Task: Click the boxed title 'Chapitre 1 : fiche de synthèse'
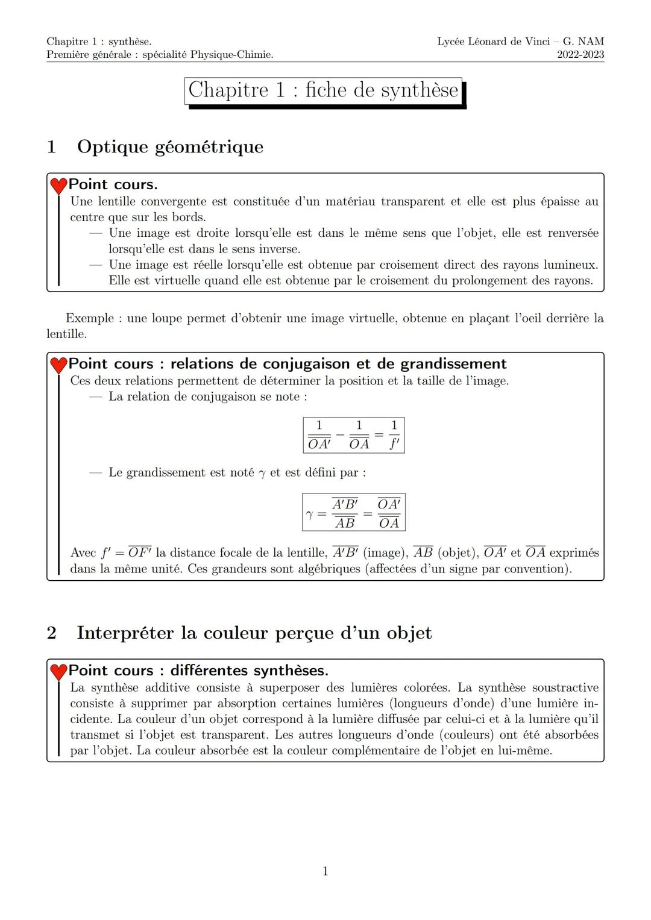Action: [x=323, y=90]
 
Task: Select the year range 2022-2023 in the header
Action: [x=580, y=55]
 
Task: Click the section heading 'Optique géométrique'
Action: [x=170, y=146]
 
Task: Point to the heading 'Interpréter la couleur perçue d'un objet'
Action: [x=254, y=633]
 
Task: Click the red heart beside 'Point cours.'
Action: [x=58, y=186]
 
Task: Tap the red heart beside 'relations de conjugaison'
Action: [x=58, y=365]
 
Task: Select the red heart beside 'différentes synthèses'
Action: [x=58, y=672]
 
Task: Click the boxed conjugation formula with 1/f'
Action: [x=354, y=435]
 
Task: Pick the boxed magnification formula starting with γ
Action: [x=354, y=513]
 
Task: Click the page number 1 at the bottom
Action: [x=325, y=871]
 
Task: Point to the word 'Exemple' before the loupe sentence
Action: [x=89, y=318]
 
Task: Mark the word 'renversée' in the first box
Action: [x=573, y=233]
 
